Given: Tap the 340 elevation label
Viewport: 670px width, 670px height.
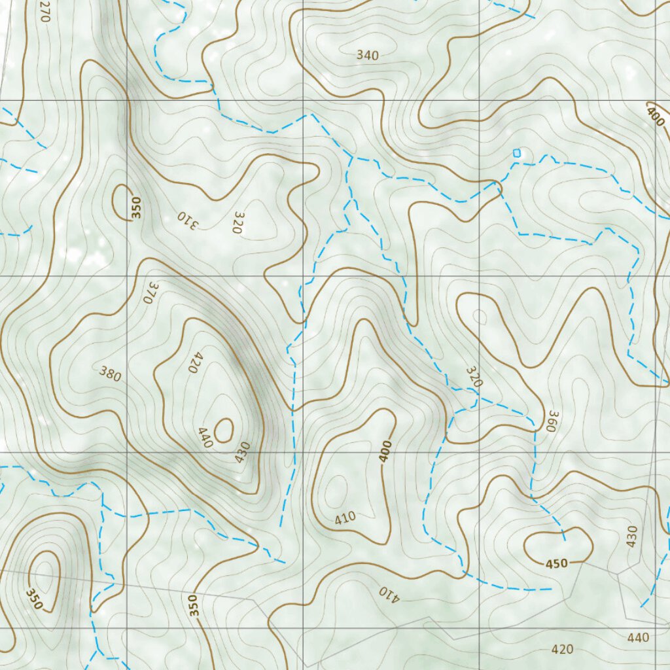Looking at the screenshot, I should pos(367,56).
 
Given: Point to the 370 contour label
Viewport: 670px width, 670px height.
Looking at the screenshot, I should pos(151,292).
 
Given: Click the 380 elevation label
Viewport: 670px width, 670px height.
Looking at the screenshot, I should pos(110,374).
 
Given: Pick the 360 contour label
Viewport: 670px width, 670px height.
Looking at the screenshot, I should pos(553,421).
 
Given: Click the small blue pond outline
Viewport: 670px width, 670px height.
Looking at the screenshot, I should pos(517,153).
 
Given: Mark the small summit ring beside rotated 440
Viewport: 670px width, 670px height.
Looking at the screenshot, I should pos(224,430).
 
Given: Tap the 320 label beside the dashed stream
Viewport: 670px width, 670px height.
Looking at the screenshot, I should pos(474,377).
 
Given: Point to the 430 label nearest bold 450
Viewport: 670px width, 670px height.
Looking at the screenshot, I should pos(631,536).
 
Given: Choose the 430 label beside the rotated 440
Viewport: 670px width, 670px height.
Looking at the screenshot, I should pos(243,452).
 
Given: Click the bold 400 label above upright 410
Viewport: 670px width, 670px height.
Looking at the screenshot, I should pos(385,451).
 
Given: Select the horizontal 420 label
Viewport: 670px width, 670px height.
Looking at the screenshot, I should pos(562,650).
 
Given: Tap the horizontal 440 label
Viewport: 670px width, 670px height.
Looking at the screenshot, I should pos(638,637).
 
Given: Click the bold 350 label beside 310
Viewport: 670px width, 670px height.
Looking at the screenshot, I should pos(136,207).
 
